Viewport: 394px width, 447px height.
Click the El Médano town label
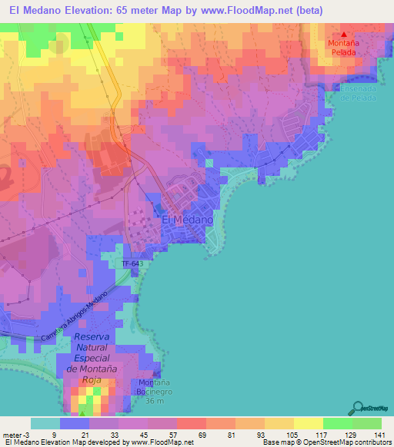point(187,219)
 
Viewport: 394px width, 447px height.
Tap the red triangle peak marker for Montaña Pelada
point(344,34)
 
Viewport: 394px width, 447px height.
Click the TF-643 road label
point(132,264)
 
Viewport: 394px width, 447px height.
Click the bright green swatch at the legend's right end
point(367,423)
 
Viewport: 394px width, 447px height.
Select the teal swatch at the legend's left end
point(45,423)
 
